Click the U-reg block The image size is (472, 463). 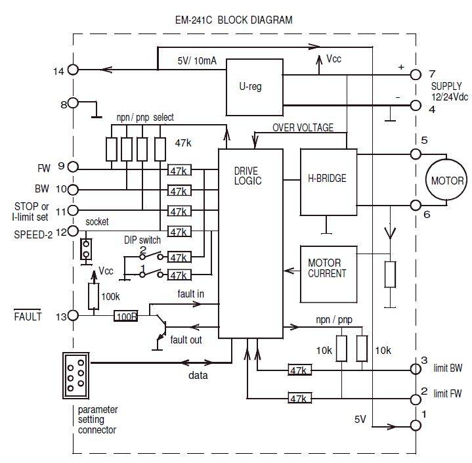(x=254, y=86)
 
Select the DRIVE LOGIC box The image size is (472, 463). (x=250, y=243)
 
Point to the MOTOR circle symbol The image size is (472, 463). (x=446, y=181)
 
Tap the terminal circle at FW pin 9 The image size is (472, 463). (x=74, y=167)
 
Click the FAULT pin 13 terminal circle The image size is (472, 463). (x=74, y=317)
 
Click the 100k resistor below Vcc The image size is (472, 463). (x=94, y=296)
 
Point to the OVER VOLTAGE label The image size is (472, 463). (x=303, y=127)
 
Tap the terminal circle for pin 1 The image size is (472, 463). (x=414, y=426)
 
